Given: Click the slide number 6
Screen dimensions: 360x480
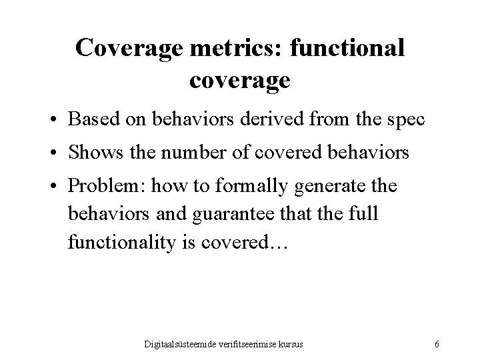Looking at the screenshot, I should coord(436,344).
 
